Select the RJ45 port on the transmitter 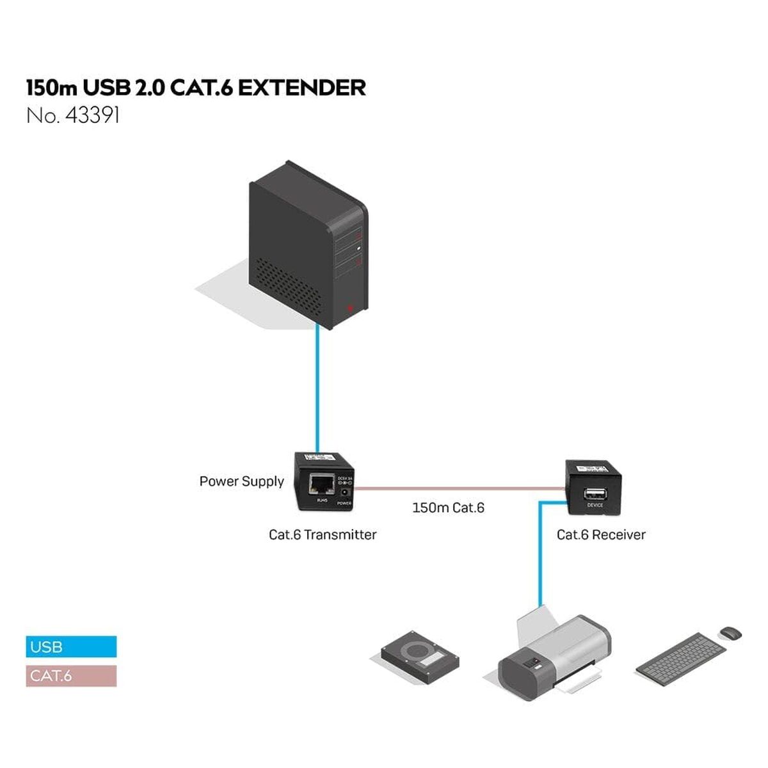320,484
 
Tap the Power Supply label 241,482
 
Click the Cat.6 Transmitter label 323,535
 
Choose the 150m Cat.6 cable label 448,508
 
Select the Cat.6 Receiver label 601,535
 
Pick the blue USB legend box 71,646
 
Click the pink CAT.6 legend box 71,676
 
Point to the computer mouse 730,632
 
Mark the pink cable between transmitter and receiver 458,489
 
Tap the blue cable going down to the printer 540,557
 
